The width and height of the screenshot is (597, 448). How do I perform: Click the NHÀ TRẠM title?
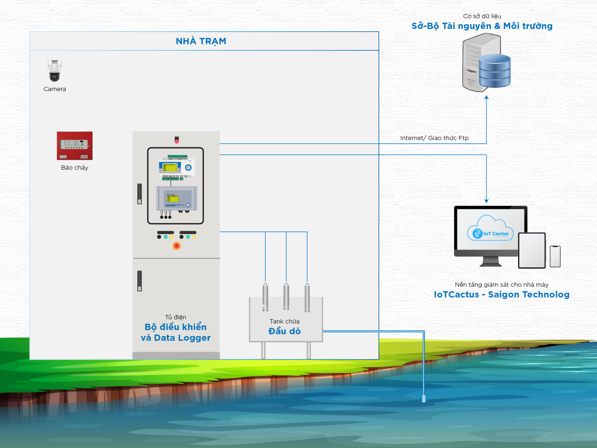pyautogui.click(x=201, y=41)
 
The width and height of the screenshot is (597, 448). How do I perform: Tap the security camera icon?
pyautogui.click(x=54, y=70)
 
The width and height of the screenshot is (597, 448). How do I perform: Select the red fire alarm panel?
pyautogui.click(x=75, y=146)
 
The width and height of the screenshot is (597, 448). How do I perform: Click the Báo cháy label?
pyautogui.click(x=75, y=168)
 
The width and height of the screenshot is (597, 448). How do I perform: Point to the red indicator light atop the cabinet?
pyautogui.click(x=176, y=140)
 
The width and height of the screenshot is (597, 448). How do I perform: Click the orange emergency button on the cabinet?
pyautogui.click(x=176, y=246)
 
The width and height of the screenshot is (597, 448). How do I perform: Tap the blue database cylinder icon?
pyautogui.click(x=494, y=71)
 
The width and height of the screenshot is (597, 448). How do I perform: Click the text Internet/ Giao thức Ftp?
pyautogui.click(x=434, y=138)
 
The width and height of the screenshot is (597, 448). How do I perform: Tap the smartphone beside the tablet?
pyautogui.click(x=555, y=256)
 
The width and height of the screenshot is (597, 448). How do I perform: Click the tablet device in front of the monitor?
pyautogui.click(x=532, y=250)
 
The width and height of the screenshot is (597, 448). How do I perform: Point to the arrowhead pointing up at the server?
pyautogui.click(x=487, y=97)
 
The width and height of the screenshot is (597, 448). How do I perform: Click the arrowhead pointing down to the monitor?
pyautogui.click(x=487, y=201)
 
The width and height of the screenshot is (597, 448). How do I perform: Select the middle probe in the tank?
pyautogui.click(x=286, y=297)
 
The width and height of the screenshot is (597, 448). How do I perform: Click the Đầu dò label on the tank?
pyautogui.click(x=285, y=331)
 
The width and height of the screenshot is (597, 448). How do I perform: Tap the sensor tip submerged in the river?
pyautogui.click(x=423, y=399)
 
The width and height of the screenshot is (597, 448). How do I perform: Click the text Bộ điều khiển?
pyautogui.click(x=175, y=327)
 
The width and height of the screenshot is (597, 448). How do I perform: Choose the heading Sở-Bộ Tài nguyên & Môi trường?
pyautogui.click(x=482, y=26)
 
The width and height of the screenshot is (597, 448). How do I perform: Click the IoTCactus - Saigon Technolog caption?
pyautogui.click(x=501, y=295)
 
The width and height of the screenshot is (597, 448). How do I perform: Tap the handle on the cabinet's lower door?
pyautogui.click(x=140, y=281)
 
